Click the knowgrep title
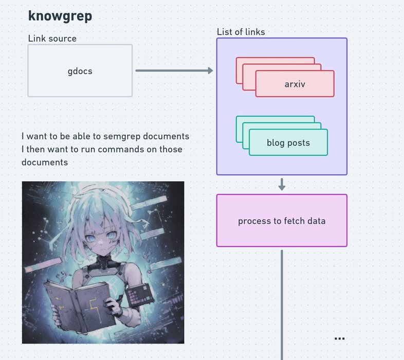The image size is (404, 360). [60, 16]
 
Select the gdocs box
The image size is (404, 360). [80, 71]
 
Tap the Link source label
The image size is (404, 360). [52, 39]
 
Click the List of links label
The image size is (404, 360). [241, 32]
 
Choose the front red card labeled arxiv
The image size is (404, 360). [295, 84]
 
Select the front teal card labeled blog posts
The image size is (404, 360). [288, 142]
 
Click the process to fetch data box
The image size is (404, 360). [282, 221]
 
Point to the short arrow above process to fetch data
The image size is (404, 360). [282, 184]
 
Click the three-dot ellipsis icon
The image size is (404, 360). [339, 338]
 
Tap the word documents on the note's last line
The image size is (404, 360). [45, 162]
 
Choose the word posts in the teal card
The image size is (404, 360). [299, 142]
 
